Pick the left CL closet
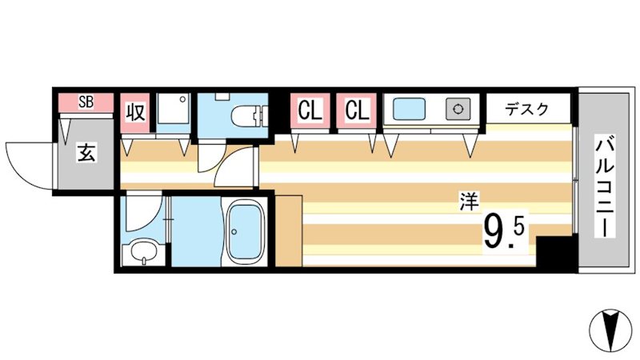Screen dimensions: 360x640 point(310,110)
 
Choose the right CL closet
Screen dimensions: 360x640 point(357,110)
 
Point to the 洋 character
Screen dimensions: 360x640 point(466,203)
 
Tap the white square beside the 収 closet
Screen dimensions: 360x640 point(173,113)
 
